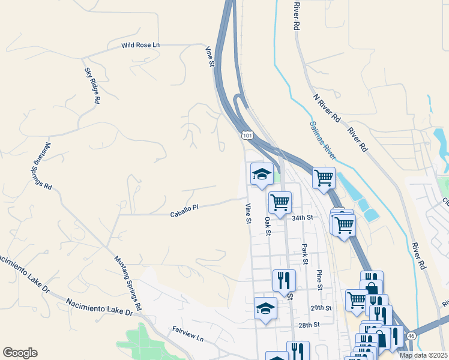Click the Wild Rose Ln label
(x=141, y=45)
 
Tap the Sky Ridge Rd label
(x=91, y=86)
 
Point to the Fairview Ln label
(x=188, y=335)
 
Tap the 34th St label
(x=303, y=218)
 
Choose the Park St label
(x=305, y=254)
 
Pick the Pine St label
(x=319, y=280)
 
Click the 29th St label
(x=321, y=308)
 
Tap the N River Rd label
(x=327, y=108)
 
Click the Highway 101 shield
(x=247, y=136)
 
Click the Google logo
(x=20, y=353)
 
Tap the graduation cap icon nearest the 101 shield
(x=262, y=175)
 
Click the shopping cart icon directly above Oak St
(x=280, y=203)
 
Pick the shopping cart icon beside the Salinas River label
(x=324, y=178)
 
